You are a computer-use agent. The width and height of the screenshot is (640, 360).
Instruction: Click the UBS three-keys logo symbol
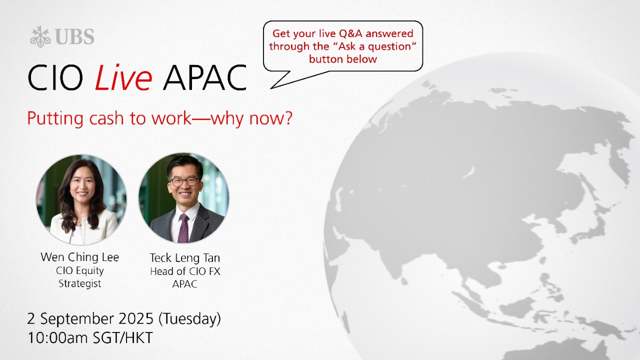pyautogui.click(x=40, y=36)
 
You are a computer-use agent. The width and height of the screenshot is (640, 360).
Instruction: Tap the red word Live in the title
pyautogui.click(x=123, y=77)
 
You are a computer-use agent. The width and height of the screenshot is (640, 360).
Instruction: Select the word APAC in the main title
pyautogui.click(x=205, y=77)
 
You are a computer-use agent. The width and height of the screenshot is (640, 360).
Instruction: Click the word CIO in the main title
pyautogui.click(x=55, y=77)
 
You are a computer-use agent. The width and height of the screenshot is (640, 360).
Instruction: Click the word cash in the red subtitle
pyautogui.click(x=106, y=117)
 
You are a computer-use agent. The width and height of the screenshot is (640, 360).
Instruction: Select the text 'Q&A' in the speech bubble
pyautogui.click(x=350, y=33)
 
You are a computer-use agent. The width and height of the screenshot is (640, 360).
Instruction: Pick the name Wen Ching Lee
pyautogui.click(x=79, y=257)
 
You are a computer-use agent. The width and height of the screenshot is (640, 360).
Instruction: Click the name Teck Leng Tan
pyautogui.click(x=185, y=258)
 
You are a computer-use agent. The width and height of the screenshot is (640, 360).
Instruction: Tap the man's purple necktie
pyautogui.click(x=183, y=228)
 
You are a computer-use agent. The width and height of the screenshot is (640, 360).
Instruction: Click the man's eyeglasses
pyautogui.click(x=184, y=181)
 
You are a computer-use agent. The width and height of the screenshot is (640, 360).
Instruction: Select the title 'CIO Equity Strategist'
pyautogui.click(x=79, y=277)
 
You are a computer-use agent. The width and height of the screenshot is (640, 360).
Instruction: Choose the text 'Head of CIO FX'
pyautogui.click(x=185, y=271)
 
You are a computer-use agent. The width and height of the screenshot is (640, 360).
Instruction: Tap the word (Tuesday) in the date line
pyautogui.click(x=189, y=319)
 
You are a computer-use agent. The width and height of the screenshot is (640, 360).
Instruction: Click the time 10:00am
pyautogui.click(x=57, y=338)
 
